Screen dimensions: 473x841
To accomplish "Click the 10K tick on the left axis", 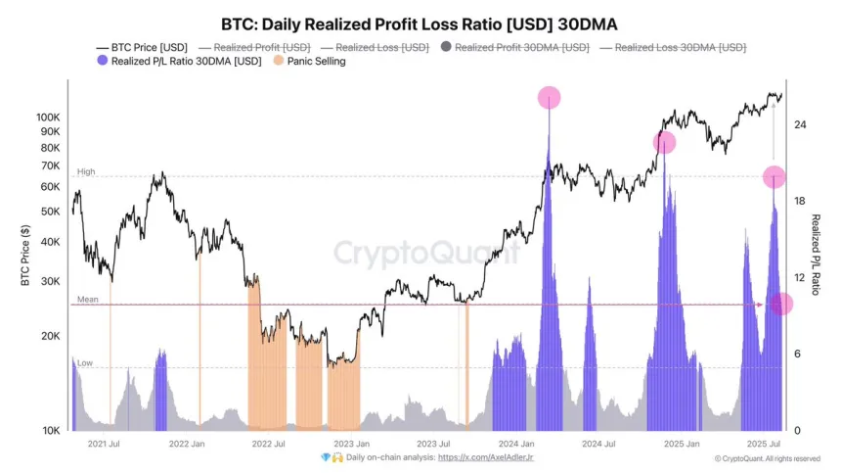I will click(x=51, y=431).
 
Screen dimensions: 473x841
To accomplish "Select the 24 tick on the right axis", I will click(x=800, y=124).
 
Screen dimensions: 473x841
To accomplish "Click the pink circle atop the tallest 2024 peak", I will click(x=550, y=97).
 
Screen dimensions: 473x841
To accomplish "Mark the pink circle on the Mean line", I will click(x=781, y=305).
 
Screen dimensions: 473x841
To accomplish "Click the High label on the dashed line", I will click(x=86, y=171).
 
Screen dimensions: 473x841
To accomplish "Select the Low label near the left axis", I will click(x=85, y=362).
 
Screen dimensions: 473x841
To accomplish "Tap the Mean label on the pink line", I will click(x=87, y=300).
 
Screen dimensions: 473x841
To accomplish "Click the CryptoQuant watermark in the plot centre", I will click(x=426, y=254).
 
